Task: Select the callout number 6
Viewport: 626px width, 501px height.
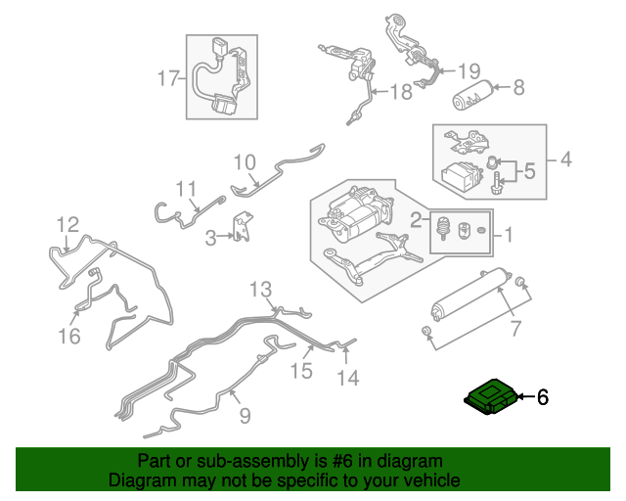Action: (x=543, y=397)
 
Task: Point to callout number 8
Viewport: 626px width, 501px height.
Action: (x=518, y=87)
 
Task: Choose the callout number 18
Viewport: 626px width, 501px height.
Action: (x=402, y=93)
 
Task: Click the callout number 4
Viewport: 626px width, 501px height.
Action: (x=565, y=159)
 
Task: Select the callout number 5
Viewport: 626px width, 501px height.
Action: (x=528, y=172)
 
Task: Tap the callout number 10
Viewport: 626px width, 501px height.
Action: (x=245, y=161)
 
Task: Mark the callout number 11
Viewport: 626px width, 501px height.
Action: (x=187, y=188)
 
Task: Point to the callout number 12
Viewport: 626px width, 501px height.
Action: (x=67, y=225)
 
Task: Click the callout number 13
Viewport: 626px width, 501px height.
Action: (x=260, y=289)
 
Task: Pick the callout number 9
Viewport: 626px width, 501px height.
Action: (x=245, y=416)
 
